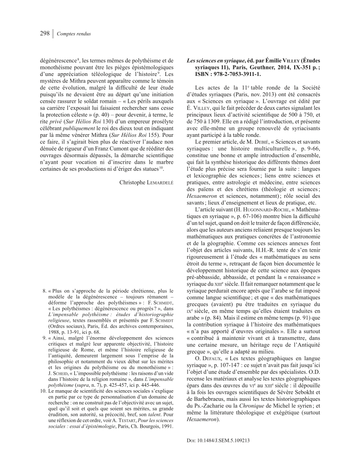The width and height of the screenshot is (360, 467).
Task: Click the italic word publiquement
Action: point(84,137)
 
